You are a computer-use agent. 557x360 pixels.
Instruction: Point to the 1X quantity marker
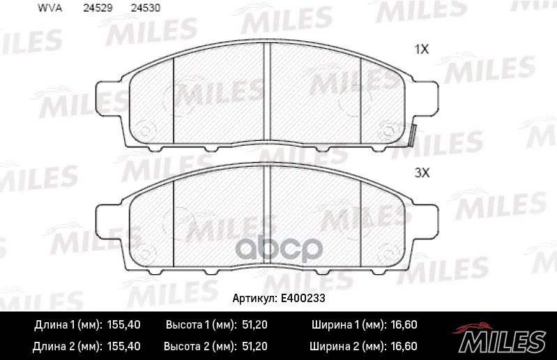[x=421, y=50]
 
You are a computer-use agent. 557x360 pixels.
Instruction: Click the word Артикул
[x=254, y=297]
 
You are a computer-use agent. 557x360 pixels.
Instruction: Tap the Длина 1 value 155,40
[x=123, y=325]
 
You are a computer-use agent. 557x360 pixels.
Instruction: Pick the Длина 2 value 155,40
[x=123, y=345]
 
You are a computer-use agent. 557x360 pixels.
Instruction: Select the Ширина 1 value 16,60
[x=403, y=325]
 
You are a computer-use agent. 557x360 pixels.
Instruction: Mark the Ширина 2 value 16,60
[x=403, y=345]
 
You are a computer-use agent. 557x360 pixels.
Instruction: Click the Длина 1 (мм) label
[x=68, y=325]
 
